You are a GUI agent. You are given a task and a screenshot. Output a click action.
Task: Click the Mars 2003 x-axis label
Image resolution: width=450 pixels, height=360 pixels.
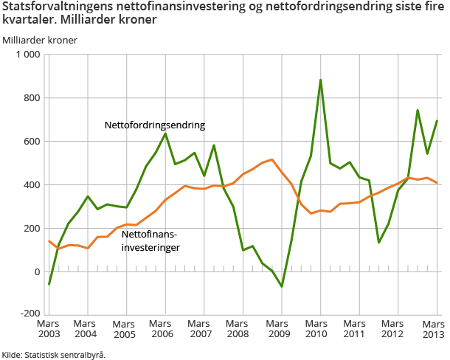tap(49, 329)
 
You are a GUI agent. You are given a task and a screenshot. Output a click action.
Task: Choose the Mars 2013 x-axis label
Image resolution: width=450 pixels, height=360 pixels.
tap(433, 329)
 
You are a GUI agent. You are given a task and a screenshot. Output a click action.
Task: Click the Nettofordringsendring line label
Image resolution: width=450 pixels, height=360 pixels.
tap(155, 125)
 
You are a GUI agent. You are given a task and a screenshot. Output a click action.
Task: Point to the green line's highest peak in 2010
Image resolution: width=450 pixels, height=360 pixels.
tap(320, 80)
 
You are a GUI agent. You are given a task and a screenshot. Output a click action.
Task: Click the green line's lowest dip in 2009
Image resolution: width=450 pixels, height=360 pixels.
tap(282, 286)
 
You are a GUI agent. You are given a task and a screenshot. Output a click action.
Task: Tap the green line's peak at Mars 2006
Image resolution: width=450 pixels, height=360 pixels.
tap(165, 133)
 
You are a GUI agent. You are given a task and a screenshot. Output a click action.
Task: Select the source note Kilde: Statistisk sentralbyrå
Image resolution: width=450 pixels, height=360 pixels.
tap(54, 354)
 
